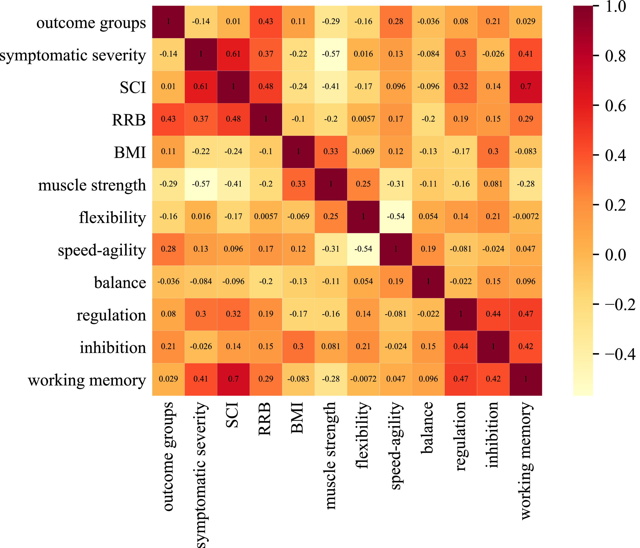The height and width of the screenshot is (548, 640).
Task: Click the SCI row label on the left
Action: tap(133, 87)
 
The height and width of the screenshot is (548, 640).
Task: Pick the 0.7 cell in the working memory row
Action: tap(233, 379)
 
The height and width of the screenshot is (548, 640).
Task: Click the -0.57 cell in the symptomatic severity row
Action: tap(330, 54)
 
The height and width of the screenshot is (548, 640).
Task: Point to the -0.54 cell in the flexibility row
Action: tap(396, 217)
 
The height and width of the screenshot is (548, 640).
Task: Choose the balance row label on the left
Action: tap(120, 282)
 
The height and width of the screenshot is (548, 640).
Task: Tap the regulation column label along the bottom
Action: tap(461, 436)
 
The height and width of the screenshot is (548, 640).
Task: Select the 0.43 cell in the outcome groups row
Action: tap(266, 22)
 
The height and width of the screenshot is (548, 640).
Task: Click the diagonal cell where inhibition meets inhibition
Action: tap(493, 346)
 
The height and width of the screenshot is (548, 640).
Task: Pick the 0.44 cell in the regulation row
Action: tap(493, 314)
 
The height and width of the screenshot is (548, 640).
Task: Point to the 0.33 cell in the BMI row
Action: tap(330, 152)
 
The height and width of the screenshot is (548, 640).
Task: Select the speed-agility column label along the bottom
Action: tap(396, 446)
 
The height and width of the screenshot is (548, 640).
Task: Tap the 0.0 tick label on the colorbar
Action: tap(615, 255)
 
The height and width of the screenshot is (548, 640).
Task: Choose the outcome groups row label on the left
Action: tap(91, 23)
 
